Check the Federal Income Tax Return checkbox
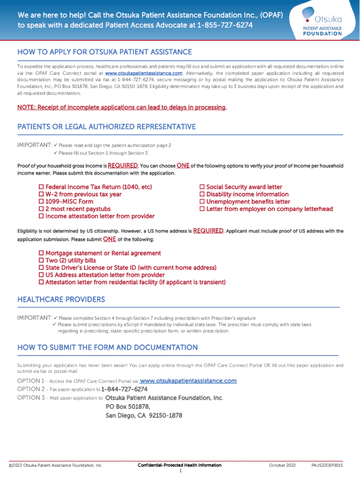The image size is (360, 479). pyautogui.click(x=41, y=187)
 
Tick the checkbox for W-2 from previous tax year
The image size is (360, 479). pyautogui.click(x=41, y=195)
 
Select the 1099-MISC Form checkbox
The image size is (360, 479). pyautogui.click(x=41, y=202)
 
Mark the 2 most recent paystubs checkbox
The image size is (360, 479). pyautogui.click(x=41, y=209)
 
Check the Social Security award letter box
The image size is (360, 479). pyautogui.click(x=202, y=187)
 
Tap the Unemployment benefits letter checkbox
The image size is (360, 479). pyautogui.click(x=202, y=202)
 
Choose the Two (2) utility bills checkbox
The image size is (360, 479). pyautogui.click(x=41, y=261)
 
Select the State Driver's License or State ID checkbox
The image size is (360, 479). pyautogui.click(x=41, y=268)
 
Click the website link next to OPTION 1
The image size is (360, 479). pyautogui.click(x=188, y=381)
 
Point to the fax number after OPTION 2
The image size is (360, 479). pyautogui.click(x=124, y=389)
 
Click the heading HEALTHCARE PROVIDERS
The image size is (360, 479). pyautogui.click(x=61, y=299)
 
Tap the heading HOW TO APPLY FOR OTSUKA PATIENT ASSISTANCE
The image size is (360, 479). pyautogui.click(x=105, y=52)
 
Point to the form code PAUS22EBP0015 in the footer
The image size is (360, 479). pyautogui.click(x=327, y=466)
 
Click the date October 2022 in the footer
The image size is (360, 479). pyautogui.click(x=282, y=466)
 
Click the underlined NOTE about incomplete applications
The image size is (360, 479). pyautogui.click(x=122, y=108)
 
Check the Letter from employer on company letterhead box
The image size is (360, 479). pyautogui.click(x=202, y=209)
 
